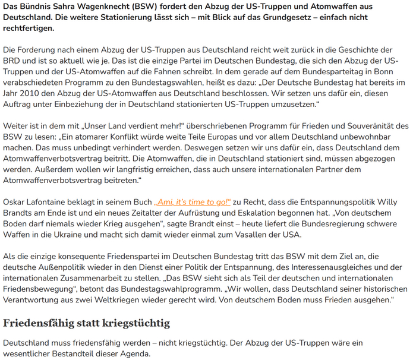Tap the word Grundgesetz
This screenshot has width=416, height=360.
point(269,17)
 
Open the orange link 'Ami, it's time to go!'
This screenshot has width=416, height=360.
point(193,201)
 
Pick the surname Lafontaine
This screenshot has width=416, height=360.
point(52,201)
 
